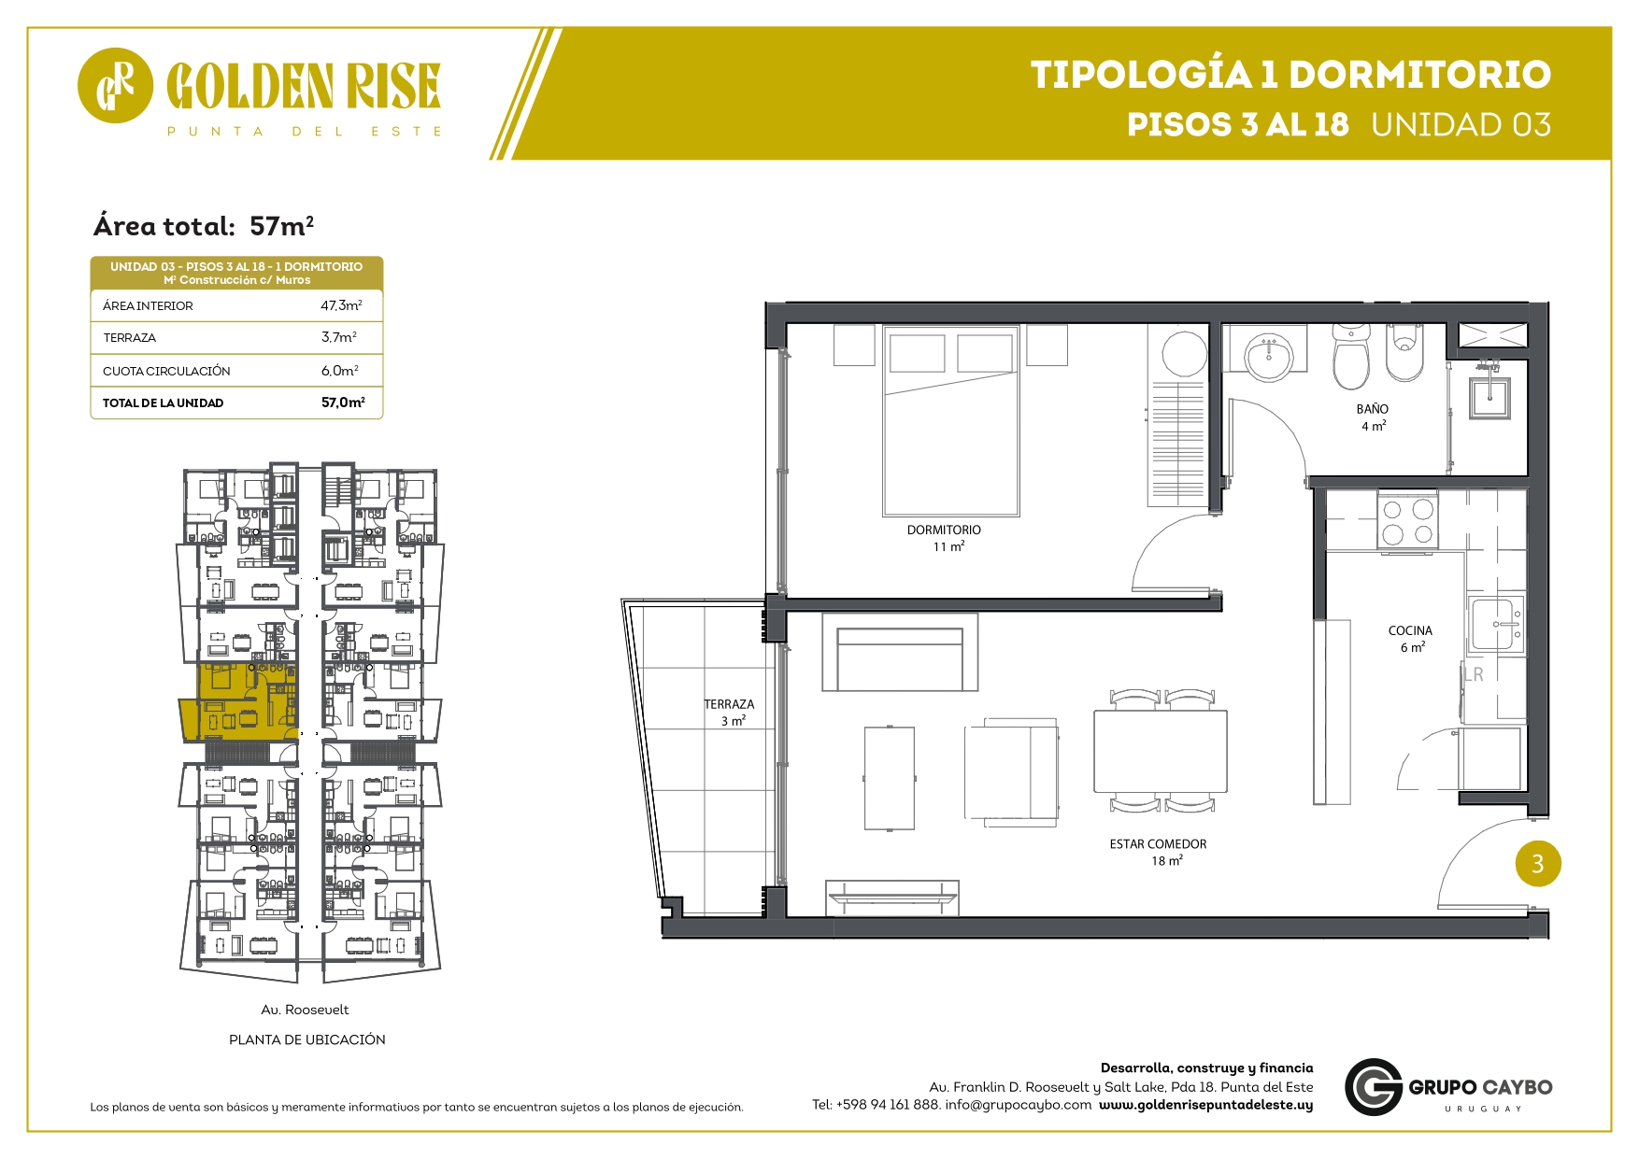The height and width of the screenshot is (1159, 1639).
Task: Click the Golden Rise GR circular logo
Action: coord(115,85)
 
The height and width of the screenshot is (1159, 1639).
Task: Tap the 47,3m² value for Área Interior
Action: coord(341,305)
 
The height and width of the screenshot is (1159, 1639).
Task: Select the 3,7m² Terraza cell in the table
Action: coord(339,337)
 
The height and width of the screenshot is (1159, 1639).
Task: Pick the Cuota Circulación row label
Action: coord(166,371)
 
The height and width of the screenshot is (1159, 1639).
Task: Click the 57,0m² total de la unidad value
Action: coord(343,403)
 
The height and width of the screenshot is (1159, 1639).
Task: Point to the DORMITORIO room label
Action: coord(944,530)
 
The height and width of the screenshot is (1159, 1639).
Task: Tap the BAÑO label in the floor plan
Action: coord(1373,409)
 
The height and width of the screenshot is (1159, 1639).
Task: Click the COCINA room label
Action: coord(1410,630)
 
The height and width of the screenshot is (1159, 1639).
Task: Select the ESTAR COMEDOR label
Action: coord(1158,844)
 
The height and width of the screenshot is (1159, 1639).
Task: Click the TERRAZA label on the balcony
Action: coord(729,704)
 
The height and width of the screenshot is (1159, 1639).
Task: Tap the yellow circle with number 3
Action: coord(1538,864)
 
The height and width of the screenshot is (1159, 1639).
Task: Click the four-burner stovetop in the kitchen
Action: coord(1407,522)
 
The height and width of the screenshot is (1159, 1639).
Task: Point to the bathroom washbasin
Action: coord(1268,356)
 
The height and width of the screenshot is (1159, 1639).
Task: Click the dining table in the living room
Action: coord(1161,752)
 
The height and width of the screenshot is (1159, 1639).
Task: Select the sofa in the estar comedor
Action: coord(900,652)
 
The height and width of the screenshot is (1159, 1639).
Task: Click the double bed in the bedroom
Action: coord(951,421)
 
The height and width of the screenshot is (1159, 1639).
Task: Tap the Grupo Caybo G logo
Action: coord(1374,1087)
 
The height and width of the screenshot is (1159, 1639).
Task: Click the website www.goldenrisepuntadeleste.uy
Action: coord(1205,1105)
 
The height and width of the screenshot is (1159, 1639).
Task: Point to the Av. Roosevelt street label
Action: coord(305,1010)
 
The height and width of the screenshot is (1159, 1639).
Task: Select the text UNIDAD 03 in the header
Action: coord(1461,124)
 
